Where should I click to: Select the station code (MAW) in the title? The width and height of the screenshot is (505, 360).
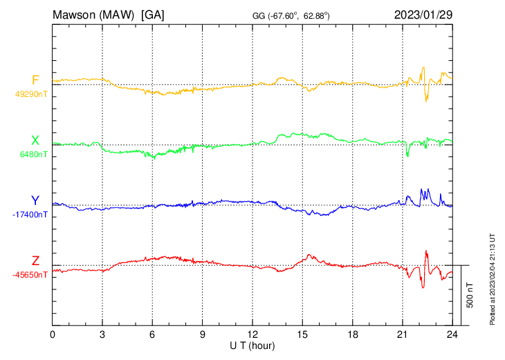click(x=118, y=14)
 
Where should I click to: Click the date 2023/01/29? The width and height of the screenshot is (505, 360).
click(x=422, y=14)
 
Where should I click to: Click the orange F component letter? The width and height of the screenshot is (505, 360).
click(x=35, y=80)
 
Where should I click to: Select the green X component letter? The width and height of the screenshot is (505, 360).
click(x=35, y=141)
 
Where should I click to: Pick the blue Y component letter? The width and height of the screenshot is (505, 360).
click(x=35, y=201)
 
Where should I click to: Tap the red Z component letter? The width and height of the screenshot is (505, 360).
click(x=35, y=260)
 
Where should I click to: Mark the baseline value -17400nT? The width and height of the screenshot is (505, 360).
click(x=30, y=215)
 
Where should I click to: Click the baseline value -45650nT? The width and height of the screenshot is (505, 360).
click(x=30, y=275)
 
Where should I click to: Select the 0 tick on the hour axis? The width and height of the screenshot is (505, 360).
click(x=53, y=334)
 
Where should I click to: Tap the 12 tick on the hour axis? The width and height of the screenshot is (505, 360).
click(x=252, y=334)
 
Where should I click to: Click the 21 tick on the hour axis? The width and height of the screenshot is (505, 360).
click(x=402, y=334)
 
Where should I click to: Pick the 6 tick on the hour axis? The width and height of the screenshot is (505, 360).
click(x=152, y=334)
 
